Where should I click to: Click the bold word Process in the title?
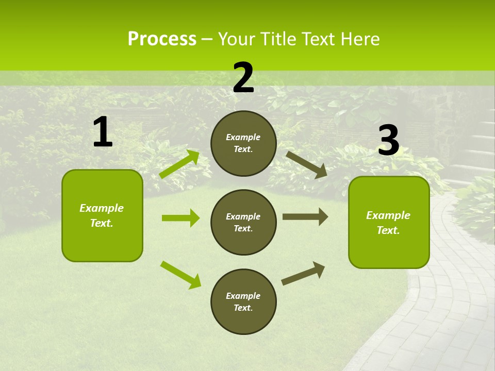(x=162, y=39)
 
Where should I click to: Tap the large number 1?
(x=103, y=132)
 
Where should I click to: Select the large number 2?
(x=243, y=77)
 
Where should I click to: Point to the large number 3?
(x=388, y=140)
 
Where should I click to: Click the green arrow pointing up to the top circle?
(x=179, y=164)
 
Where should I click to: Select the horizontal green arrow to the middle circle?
(x=180, y=218)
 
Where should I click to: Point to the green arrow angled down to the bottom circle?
(x=180, y=274)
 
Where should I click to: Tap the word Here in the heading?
(x=360, y=39)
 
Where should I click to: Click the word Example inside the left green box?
(x=102, y=208)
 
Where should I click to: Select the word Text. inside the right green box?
(x=388, y=230)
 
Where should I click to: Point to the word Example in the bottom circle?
(x=243, y=296)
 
